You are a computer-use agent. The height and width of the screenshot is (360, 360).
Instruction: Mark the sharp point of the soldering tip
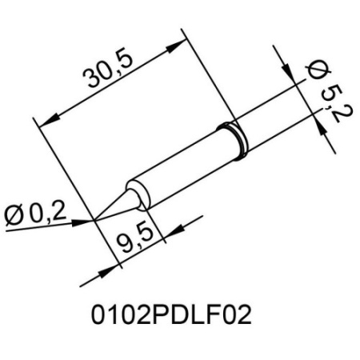(97, 217)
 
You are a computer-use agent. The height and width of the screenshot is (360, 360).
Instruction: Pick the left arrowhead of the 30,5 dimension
(44, 121)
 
